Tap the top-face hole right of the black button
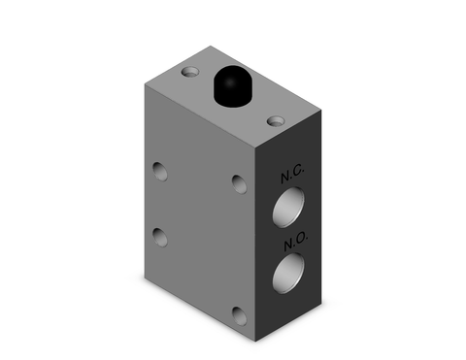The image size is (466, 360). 277,120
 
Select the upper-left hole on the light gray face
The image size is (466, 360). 159,174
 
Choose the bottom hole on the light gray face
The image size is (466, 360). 239,312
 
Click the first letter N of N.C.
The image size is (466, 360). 285,179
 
